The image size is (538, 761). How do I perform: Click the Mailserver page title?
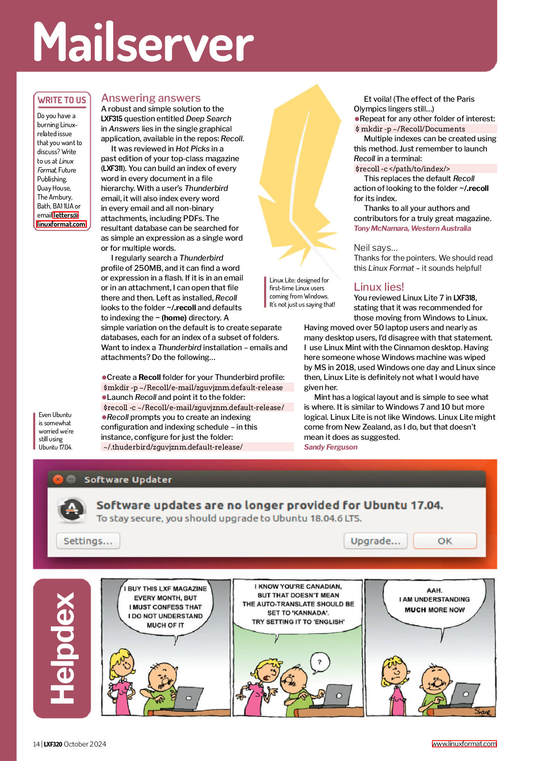143,42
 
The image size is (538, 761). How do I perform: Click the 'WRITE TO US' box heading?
62,100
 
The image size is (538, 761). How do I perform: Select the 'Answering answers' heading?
151,98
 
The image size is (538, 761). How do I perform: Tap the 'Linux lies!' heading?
378,287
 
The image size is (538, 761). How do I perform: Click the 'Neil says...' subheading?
375,248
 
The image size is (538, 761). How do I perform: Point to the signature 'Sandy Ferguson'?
331,447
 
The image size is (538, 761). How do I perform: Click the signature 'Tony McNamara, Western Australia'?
412,228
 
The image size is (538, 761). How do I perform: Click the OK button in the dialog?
444,541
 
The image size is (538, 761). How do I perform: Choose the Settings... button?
88,541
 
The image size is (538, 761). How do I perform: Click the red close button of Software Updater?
58,479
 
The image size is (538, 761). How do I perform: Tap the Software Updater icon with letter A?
71,509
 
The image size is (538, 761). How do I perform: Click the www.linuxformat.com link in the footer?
464,744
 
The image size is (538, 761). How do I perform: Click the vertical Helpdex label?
62,648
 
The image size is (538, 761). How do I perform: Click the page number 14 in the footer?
36,744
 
